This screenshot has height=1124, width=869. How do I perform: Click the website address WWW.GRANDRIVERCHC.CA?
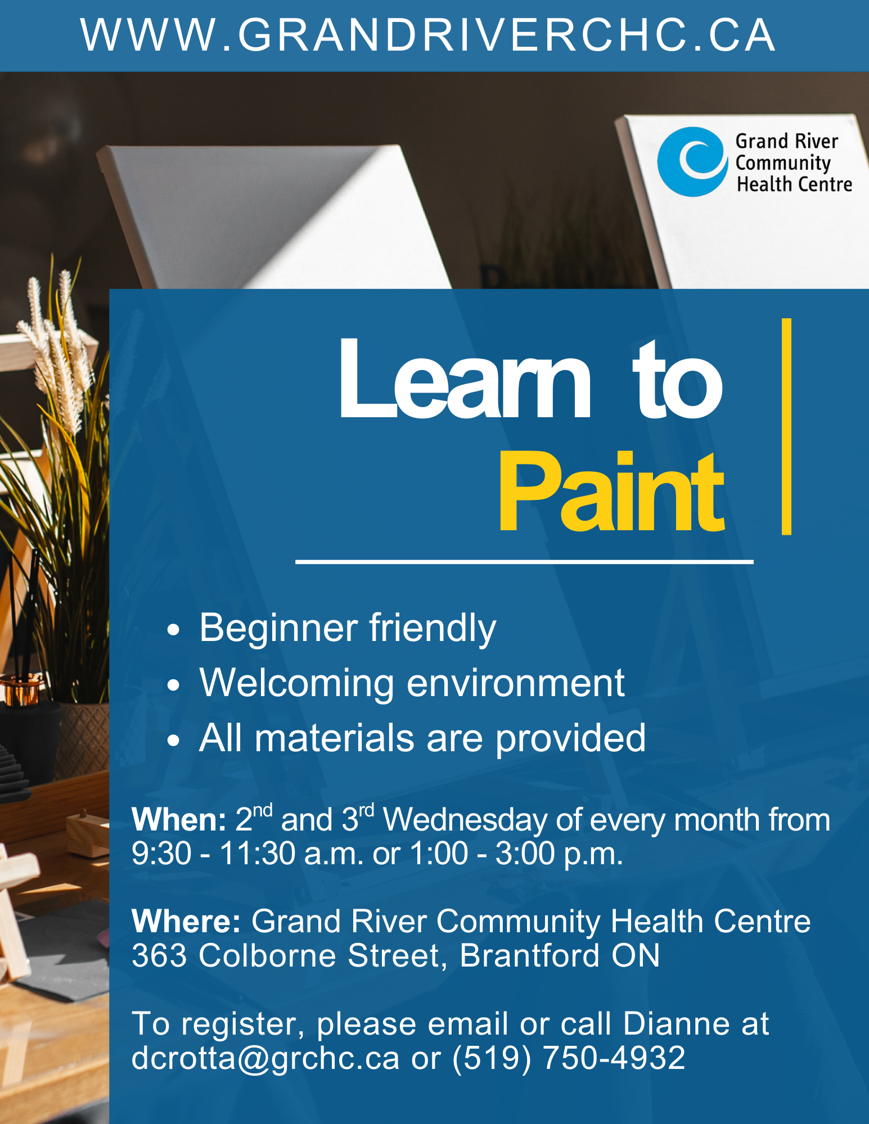pyautogui.click(x=428, y=35)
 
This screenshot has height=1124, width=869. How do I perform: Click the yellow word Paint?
pyautogui.click(x=611, y=491)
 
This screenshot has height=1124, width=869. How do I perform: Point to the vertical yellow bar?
pyautogui.click(x=786, y=426)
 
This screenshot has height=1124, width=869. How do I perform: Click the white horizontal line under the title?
pyautogui.click(x=524, y=561)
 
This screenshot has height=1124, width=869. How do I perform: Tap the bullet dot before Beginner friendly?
pyautogui.click(x=173, y=629)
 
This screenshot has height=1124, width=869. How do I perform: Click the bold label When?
pyautogui.click(x=178, y=820)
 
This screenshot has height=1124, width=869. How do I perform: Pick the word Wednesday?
pyautogui.click(x=465, y=820)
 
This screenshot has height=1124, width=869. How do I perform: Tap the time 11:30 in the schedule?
pyautogui.click(x=257, y=853)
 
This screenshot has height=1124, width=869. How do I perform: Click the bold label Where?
pyautogui.click(x=186, y=922)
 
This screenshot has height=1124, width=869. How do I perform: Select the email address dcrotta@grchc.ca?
pyautogui.click(x=265, y=1059)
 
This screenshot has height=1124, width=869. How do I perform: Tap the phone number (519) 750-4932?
pyautogui.click(x=569, y=1058)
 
